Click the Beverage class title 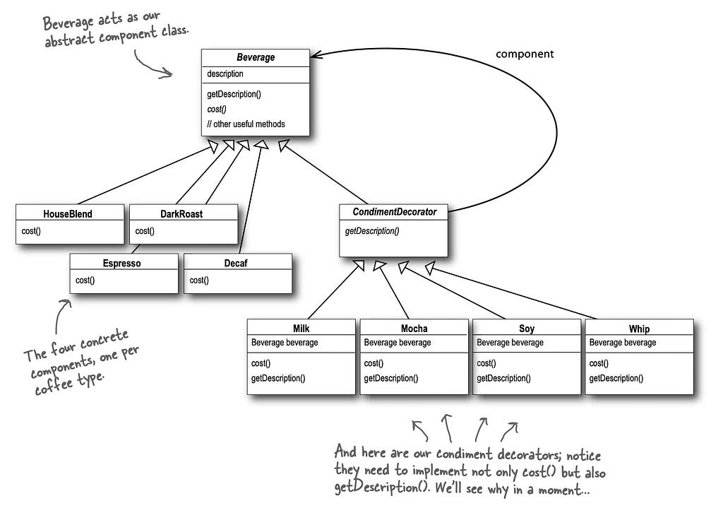pyautogui.click(x=256, y=57)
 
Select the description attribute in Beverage pyautogui.click(x=225, y=73)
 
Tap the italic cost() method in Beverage pyautogui.click(x=217, y=110)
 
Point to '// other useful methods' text pyautogui.click(x=246, y=124)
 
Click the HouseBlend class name pyautogui.click(x=68, y=213)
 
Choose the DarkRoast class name pyautogui.click(x=181, y=213)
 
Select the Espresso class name pyautogui.click(x=121, y=263)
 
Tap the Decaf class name pyautogui.click(x=236, y=263)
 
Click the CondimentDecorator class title pyautogui.click(x=394, y=212)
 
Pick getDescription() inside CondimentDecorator pyautogui.click(x=372, y=231)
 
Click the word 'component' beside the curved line pyautogui.click(x=525, y=54)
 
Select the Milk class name pyautogui.click(x=301, y=329)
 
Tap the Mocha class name pyautogui.click(x=414, y=329)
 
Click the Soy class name pyautogui.click(x=527, y=329)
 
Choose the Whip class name pyautogui.click(x=639, y=329)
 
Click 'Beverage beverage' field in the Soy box pyautogui.click(x=510, y=343)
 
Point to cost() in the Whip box pyautogui.click(x=599, y=363)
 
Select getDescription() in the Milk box pyautogui.click(x=278, y=378)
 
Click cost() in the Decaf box pyautogui.click(x=198, y=280)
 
